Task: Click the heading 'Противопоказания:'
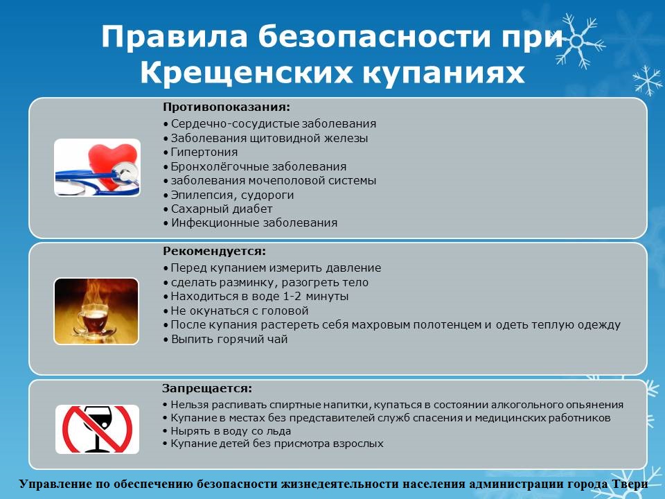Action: pos(227,107)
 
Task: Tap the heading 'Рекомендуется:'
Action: pos(214,252)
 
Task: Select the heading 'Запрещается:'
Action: pos(207,389)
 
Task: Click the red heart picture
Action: pos(97,168)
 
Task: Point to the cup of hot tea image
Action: pos(96,311)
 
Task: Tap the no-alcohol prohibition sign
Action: pos(97,430)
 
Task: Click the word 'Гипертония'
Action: pos(204,152)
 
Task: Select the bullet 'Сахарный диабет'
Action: pos(218,209)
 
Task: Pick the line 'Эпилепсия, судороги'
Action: pos(229,195)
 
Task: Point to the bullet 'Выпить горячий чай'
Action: pos(225,340)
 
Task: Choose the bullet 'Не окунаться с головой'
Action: pos(236,311)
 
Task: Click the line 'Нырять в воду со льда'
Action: pos(227,431)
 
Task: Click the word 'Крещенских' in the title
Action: pos(246,73)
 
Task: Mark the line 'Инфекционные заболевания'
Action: pos(250,223)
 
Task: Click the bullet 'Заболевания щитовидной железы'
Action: pos(265,139)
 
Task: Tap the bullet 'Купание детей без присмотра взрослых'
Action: pos(273,444)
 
